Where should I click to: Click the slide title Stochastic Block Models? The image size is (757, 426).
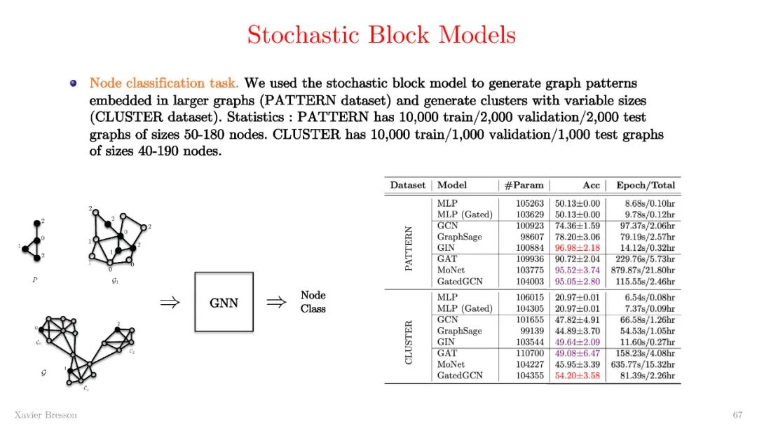click(381, 34)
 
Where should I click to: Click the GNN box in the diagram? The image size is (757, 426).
click(224, 303)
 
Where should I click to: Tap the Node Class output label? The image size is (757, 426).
click(313, 302)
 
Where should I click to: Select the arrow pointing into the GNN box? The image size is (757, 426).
click(170, 303)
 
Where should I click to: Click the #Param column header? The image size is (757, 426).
click(524, 185)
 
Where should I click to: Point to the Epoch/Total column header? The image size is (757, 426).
click(645, 185)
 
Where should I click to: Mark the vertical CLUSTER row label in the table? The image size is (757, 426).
click(409, 342)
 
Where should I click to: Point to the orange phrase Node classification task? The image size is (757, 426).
click(164, 83)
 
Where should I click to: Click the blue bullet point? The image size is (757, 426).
click(73, 83)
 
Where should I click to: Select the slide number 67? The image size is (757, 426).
click(737, 415)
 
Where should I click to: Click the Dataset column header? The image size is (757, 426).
click(408, 185)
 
